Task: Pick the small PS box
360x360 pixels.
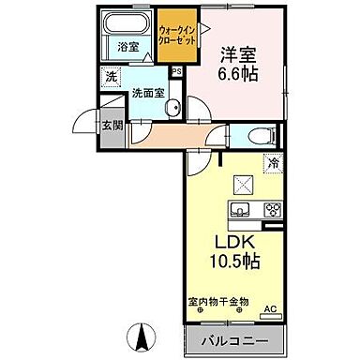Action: (x=175, y=69)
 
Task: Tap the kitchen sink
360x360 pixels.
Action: (x=238, y=209)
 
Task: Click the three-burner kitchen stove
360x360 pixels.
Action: (x=271, y=209)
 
